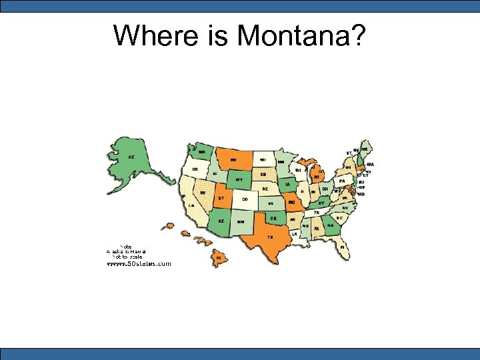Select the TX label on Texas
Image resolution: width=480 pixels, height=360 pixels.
270,236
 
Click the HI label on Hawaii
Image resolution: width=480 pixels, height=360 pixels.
218,256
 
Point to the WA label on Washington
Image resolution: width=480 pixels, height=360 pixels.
201,151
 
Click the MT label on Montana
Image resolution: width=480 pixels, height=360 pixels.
234,160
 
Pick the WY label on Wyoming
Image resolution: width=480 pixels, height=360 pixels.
239,179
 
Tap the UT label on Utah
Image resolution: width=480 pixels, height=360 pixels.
221,198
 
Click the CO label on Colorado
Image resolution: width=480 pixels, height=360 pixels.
245,199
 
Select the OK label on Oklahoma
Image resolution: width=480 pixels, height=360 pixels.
273,217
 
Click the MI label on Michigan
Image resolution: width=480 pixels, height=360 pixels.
317,177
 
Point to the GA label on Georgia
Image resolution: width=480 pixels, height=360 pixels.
330,225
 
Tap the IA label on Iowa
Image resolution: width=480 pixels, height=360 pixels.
287,183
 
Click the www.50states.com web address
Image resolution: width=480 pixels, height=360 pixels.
139,263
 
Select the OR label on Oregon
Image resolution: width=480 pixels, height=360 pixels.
195,169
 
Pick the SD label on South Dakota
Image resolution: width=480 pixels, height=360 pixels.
263,174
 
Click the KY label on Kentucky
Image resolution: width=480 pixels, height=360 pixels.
321,203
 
